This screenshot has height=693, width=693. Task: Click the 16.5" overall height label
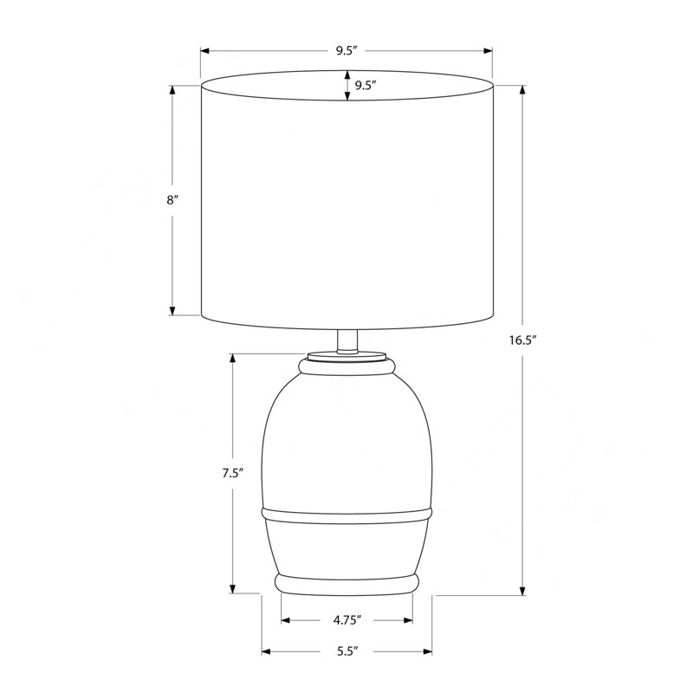point(522,340)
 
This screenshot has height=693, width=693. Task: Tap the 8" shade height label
point(172,200)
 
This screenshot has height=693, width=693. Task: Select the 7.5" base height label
point(232,473)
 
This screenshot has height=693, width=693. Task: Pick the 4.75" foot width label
point(347,620)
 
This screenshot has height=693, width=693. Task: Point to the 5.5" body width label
point(347,651)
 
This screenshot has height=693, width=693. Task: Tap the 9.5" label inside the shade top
point(365,85)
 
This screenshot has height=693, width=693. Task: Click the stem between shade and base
point(347,341)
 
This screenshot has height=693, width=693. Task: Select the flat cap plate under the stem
point(347,356)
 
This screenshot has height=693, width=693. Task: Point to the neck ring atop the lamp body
point(347,367)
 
